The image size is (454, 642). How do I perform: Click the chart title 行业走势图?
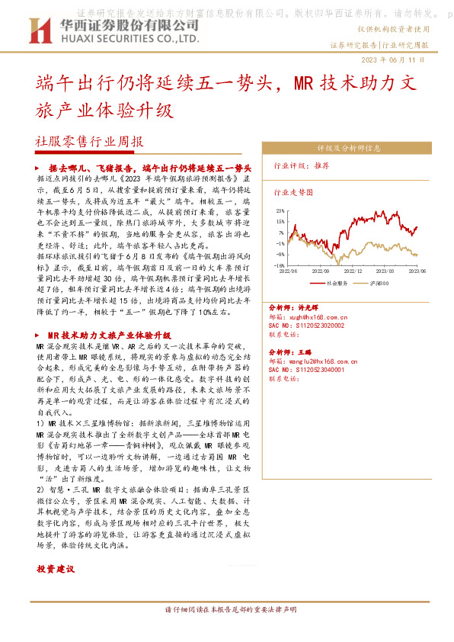pos(293,194)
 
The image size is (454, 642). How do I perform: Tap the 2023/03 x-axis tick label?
pos(385,270)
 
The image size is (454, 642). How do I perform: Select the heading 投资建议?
pos(56,570)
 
